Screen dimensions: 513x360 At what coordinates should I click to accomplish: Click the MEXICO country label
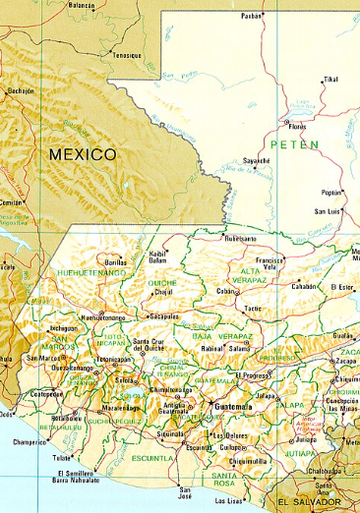point(83,154)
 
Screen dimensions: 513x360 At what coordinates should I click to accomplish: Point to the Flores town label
point(296,126)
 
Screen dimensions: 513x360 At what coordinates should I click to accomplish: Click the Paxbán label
point(252,16)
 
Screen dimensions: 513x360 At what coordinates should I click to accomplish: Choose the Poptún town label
point(331,193)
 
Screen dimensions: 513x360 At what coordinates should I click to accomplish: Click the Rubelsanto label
point(240,238)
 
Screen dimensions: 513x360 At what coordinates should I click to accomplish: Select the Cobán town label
point(227,292)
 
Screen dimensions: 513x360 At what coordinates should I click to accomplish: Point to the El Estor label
point(341,286)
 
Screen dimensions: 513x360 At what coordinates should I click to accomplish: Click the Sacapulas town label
point(164,317)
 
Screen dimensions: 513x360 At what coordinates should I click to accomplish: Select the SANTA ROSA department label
point(233,481)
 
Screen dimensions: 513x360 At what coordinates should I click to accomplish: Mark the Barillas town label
point(116,263)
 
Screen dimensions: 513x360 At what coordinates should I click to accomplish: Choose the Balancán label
point(83,5)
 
